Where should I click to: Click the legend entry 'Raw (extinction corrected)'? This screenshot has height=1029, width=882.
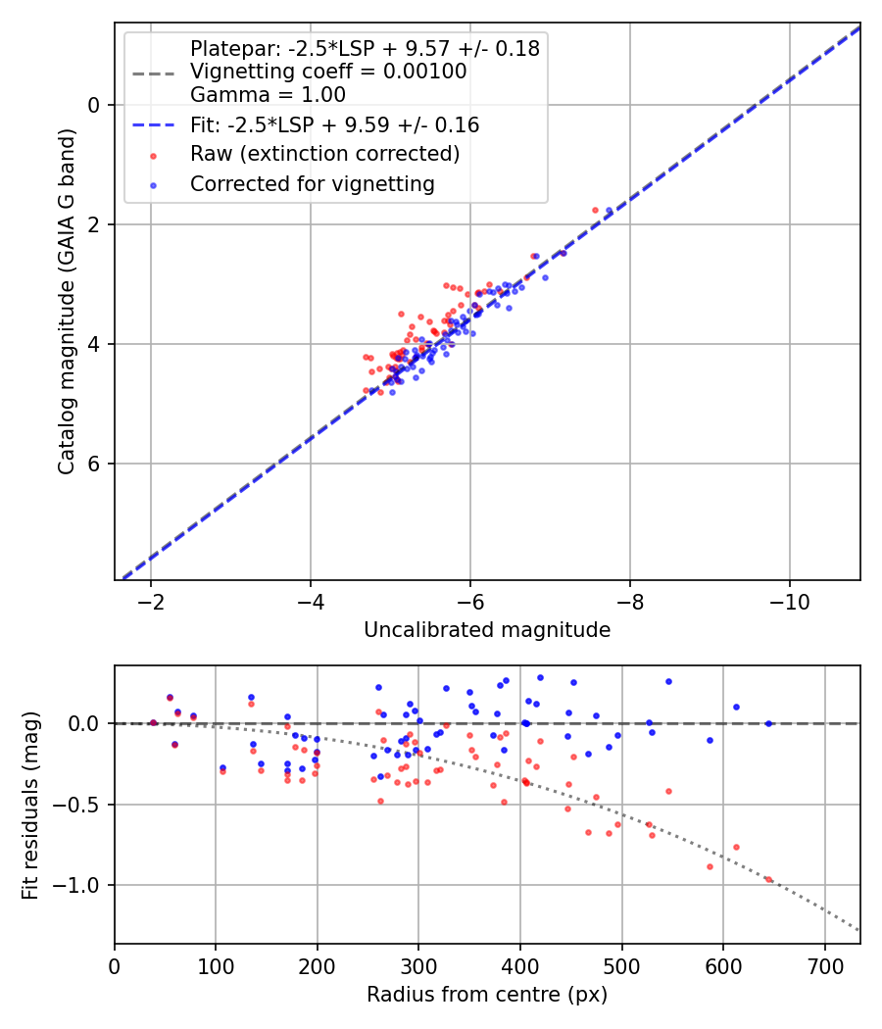(x=324, y=154)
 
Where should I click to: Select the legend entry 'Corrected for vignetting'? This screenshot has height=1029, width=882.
(x=312, y=183)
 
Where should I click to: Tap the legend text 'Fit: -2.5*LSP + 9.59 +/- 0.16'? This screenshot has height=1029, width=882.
(x=334, y=125)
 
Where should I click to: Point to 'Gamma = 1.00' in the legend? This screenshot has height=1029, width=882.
(x=268, y=95)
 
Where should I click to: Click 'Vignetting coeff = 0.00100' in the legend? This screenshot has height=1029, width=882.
(x=328, y=72)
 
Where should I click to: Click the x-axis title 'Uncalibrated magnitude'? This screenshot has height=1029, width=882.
(x=487, y=630)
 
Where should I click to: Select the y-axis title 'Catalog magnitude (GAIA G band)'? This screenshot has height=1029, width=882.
(x=67, y=301)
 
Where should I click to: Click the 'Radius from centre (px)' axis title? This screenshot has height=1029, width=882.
(x=487, y=995)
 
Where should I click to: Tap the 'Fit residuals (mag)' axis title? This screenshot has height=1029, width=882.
(x=30, y=805)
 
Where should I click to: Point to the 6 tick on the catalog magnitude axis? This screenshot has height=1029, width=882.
(x=96, y=464)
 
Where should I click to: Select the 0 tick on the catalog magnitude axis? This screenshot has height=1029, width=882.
(x=96, y=105)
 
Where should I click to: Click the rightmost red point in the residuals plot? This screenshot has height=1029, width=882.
(x=768, y=879)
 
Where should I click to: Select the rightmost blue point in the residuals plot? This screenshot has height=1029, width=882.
(x=768, y=723)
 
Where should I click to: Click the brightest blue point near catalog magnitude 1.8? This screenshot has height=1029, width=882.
(x=609, y=211)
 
